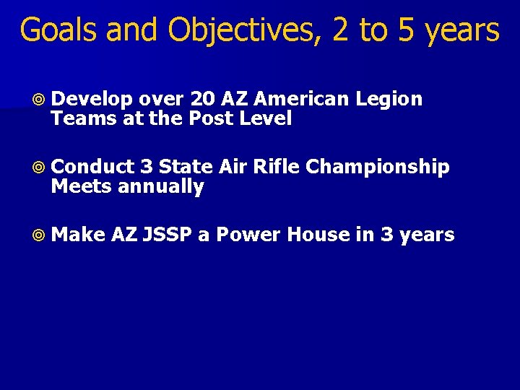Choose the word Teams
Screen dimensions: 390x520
(76, 118)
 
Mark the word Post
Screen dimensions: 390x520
(209, 118)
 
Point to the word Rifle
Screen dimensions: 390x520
(277, 167)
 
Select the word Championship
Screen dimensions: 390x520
(378, 168)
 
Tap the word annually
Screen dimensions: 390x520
(160, 187)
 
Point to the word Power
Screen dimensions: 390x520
(245, 235)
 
